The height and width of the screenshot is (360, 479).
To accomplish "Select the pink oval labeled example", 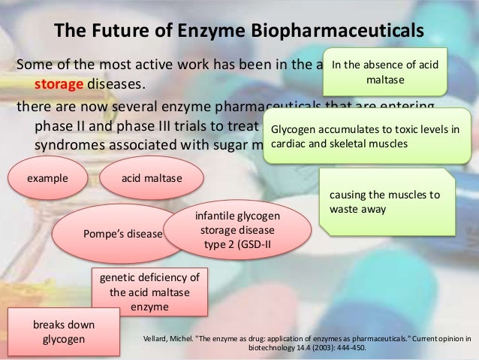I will point(48,178).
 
